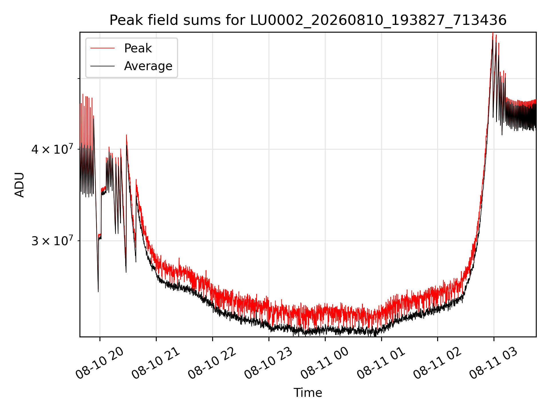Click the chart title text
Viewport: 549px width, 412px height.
coord(308,20)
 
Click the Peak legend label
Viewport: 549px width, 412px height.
coord(138,48)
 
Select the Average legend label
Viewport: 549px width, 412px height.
coord(148,66)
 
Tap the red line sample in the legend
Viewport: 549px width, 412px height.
coord(102,48)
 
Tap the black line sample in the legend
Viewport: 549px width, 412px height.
coord(102,66)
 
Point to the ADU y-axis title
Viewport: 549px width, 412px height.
coord(19,185)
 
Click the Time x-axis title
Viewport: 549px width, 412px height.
coord(308,393)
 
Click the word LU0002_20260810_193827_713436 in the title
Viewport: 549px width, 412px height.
coord(378,20)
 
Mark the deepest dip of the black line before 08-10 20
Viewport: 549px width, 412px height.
coord(98,292)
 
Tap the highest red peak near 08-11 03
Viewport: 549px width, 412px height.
coord(493,33)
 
